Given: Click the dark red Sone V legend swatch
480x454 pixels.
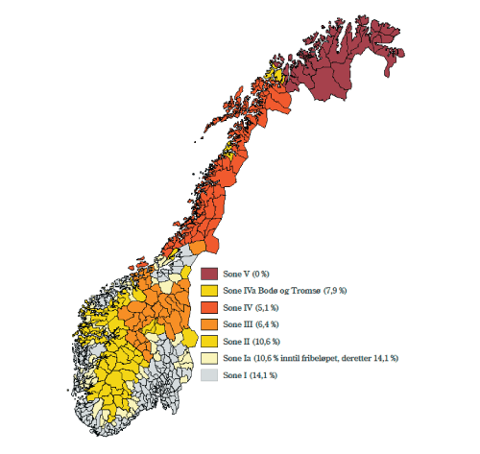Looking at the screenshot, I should click(210, 274).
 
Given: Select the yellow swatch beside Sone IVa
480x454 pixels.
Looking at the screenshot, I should click(210, 290).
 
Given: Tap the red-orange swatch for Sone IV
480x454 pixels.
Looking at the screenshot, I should click(210, 307).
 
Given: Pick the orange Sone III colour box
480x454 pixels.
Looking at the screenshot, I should click(210, 323).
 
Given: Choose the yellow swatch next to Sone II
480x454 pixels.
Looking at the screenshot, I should click(210, 341).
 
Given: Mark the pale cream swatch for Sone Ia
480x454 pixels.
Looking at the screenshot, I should click(210, 358).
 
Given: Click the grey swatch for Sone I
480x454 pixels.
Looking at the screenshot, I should click(210, 374).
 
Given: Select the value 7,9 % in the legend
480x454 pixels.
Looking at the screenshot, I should click(335, 291).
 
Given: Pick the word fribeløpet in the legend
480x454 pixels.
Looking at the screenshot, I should click(322, 358).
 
